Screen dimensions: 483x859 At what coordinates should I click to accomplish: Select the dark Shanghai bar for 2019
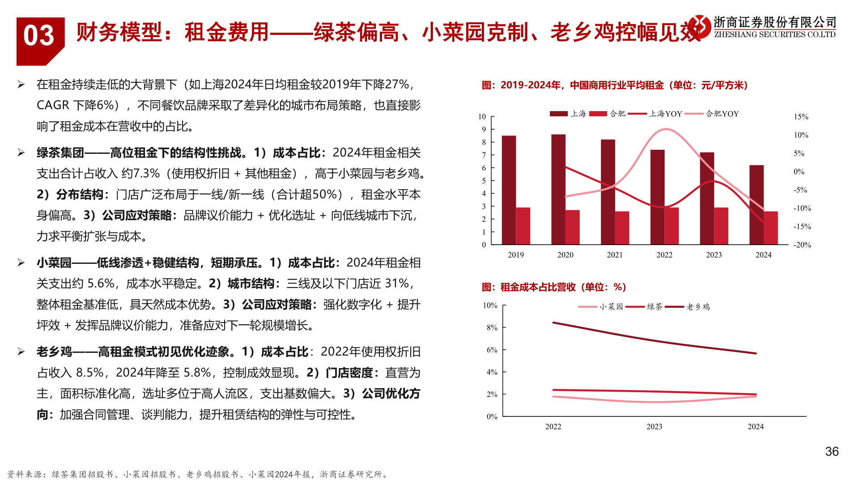click(509, 190)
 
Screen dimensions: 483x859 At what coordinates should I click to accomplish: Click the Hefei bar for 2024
click(770, 228)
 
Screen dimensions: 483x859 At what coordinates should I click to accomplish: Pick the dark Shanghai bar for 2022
click(657, 197)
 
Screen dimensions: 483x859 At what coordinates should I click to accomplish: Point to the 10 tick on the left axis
click(482, 117)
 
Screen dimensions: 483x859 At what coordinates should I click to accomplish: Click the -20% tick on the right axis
click(802, 245)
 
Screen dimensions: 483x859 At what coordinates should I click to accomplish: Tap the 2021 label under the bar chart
click(615, 255)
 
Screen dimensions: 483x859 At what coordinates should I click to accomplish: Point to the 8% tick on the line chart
click(492, 327)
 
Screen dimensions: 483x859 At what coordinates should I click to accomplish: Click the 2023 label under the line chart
click(654, 427)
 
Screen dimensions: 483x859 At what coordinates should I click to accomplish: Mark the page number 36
click(832, 452)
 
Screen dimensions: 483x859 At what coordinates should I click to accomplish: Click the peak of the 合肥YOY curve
click(666, 129)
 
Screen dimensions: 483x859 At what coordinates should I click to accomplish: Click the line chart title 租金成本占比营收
click(554, 287)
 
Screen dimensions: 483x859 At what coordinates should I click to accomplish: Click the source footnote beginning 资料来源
click(197, 474)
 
